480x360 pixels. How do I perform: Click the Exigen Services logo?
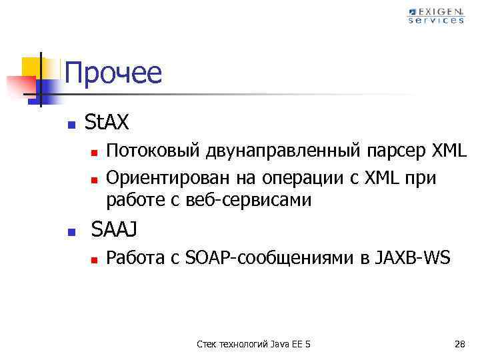click(x=436, y=15)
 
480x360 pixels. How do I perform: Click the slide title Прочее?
click(x=113, y=73)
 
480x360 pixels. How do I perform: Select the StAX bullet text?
click(x=107, y=122)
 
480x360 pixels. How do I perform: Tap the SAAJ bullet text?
click(x=114, y=229)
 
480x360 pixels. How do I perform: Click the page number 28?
click(x=459, y=344)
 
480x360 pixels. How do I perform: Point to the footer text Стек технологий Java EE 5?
click(x=254, y=344)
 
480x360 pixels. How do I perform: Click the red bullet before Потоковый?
click(x=95, y=153)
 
